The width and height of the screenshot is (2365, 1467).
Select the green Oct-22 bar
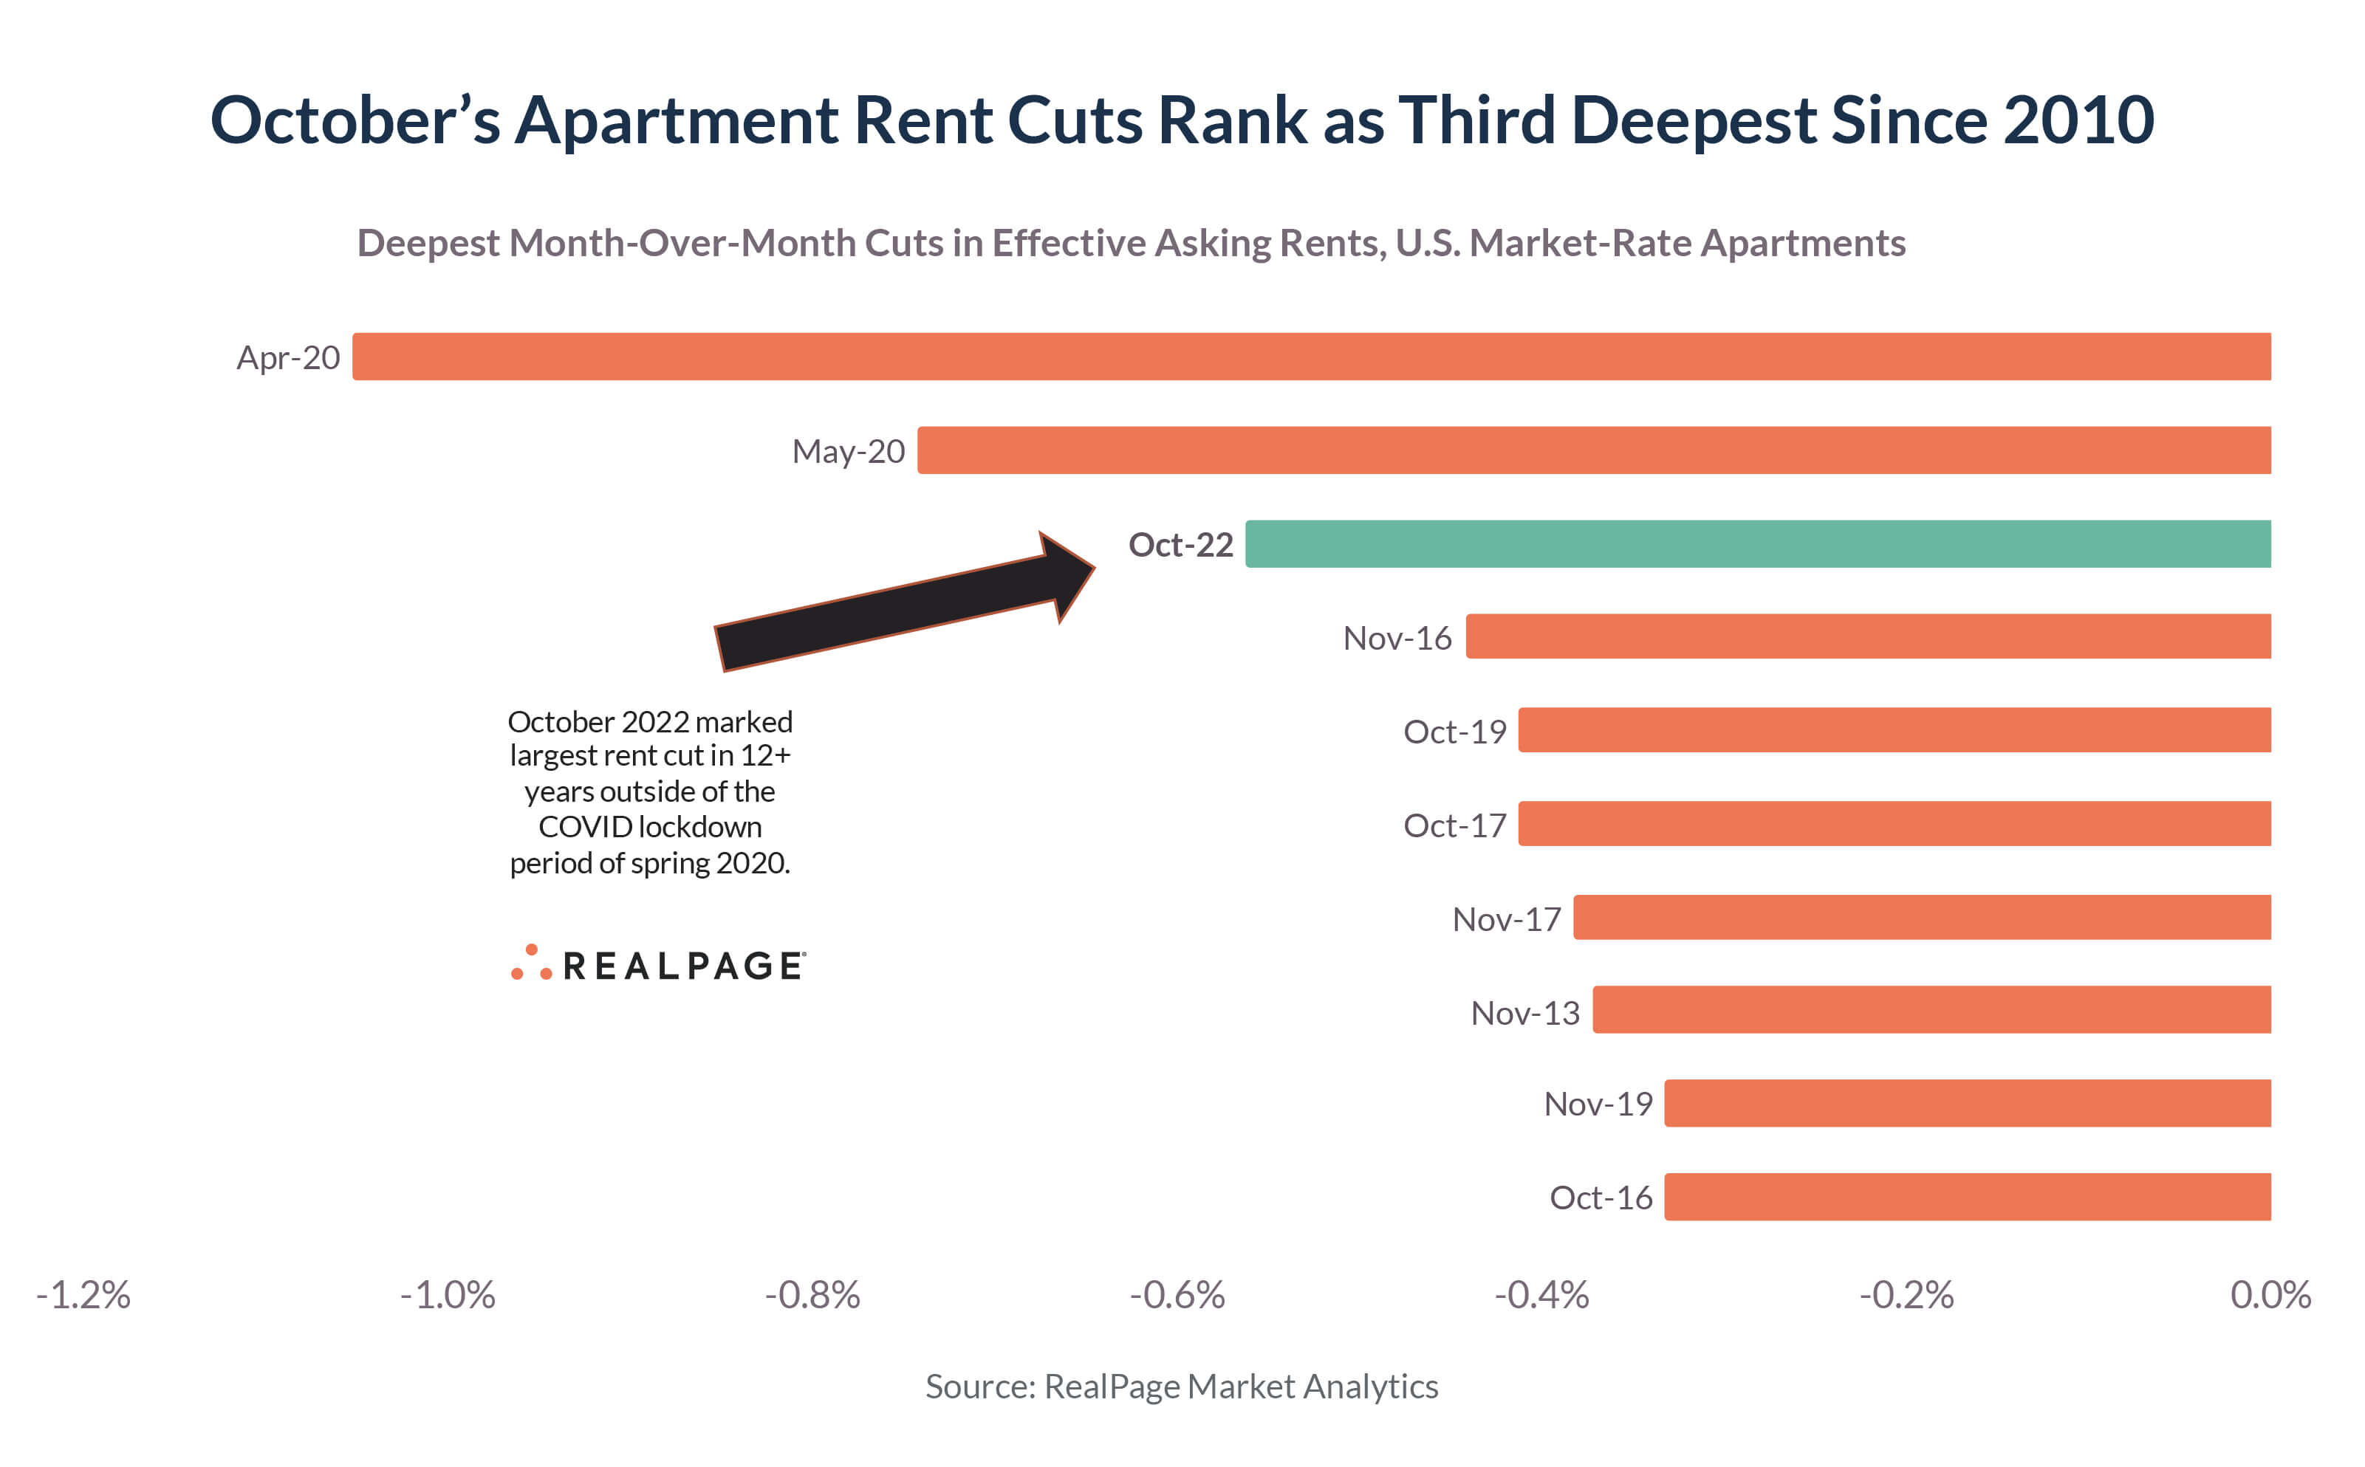(x=1756, y=543)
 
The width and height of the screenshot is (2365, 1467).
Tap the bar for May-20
(x=1593, y=450)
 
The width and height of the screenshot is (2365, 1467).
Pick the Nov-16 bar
(x=1867, y=636)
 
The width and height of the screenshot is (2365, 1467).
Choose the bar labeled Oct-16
(x=1967, y=1196)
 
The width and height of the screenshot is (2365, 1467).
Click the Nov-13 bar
(x=1931, y=1010)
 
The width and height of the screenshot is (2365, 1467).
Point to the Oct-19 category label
(x=1454, y=732)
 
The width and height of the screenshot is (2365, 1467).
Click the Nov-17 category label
(x=1505, y=919)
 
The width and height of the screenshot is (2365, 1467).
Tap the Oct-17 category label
(x=1454, y=825)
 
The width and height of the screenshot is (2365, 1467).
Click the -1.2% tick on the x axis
(x=83, y=1295)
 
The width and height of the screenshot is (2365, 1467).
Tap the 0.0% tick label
(x=2270, y=1295)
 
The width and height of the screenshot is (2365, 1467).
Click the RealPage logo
(x=658, y=964)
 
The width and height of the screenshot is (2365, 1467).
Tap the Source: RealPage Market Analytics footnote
(x=1181, y=1387)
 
